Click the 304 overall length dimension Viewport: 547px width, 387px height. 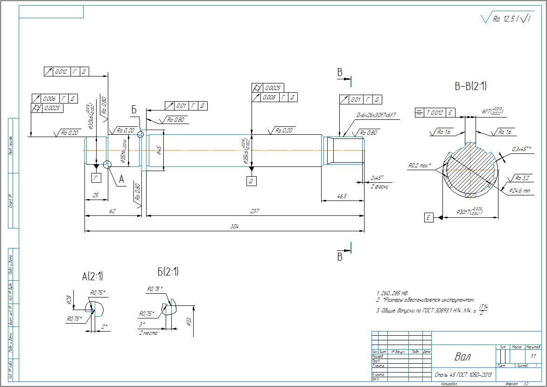235,227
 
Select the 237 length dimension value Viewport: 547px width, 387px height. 254,211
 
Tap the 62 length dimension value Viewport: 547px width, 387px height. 112,211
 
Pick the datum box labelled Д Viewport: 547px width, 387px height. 251,181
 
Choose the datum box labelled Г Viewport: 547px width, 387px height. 96,178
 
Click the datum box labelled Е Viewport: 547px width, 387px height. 428,217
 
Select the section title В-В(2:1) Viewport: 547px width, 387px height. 471,86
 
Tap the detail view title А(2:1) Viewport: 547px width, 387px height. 92,276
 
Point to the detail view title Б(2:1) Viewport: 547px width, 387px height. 168,271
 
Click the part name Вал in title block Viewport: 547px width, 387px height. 463,357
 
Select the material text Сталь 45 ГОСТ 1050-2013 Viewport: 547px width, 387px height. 463,374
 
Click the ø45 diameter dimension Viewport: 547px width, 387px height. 159,150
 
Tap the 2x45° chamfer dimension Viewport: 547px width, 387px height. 376,178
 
